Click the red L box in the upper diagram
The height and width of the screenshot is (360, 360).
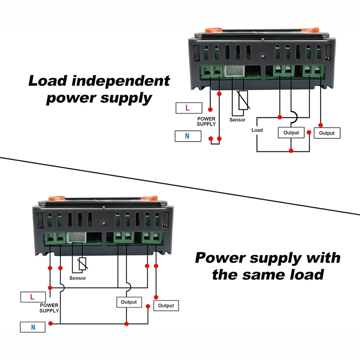188,108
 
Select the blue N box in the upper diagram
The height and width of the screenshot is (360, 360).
187,136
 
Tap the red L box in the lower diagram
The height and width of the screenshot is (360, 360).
32,297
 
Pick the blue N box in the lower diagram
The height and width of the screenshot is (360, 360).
32,327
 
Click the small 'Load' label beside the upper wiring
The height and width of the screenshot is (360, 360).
257,130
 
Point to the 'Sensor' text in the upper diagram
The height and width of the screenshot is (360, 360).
237,120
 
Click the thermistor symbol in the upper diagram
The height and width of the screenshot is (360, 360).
243,100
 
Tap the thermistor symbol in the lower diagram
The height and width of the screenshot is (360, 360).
82,265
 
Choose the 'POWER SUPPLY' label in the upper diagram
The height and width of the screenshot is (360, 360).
206,121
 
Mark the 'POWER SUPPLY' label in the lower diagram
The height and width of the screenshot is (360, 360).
49,307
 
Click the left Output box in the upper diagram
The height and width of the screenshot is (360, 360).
291,133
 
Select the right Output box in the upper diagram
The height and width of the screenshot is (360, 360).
327,133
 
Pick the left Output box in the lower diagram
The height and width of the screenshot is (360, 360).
129,302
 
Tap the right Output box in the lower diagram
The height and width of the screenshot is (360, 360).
166,305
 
